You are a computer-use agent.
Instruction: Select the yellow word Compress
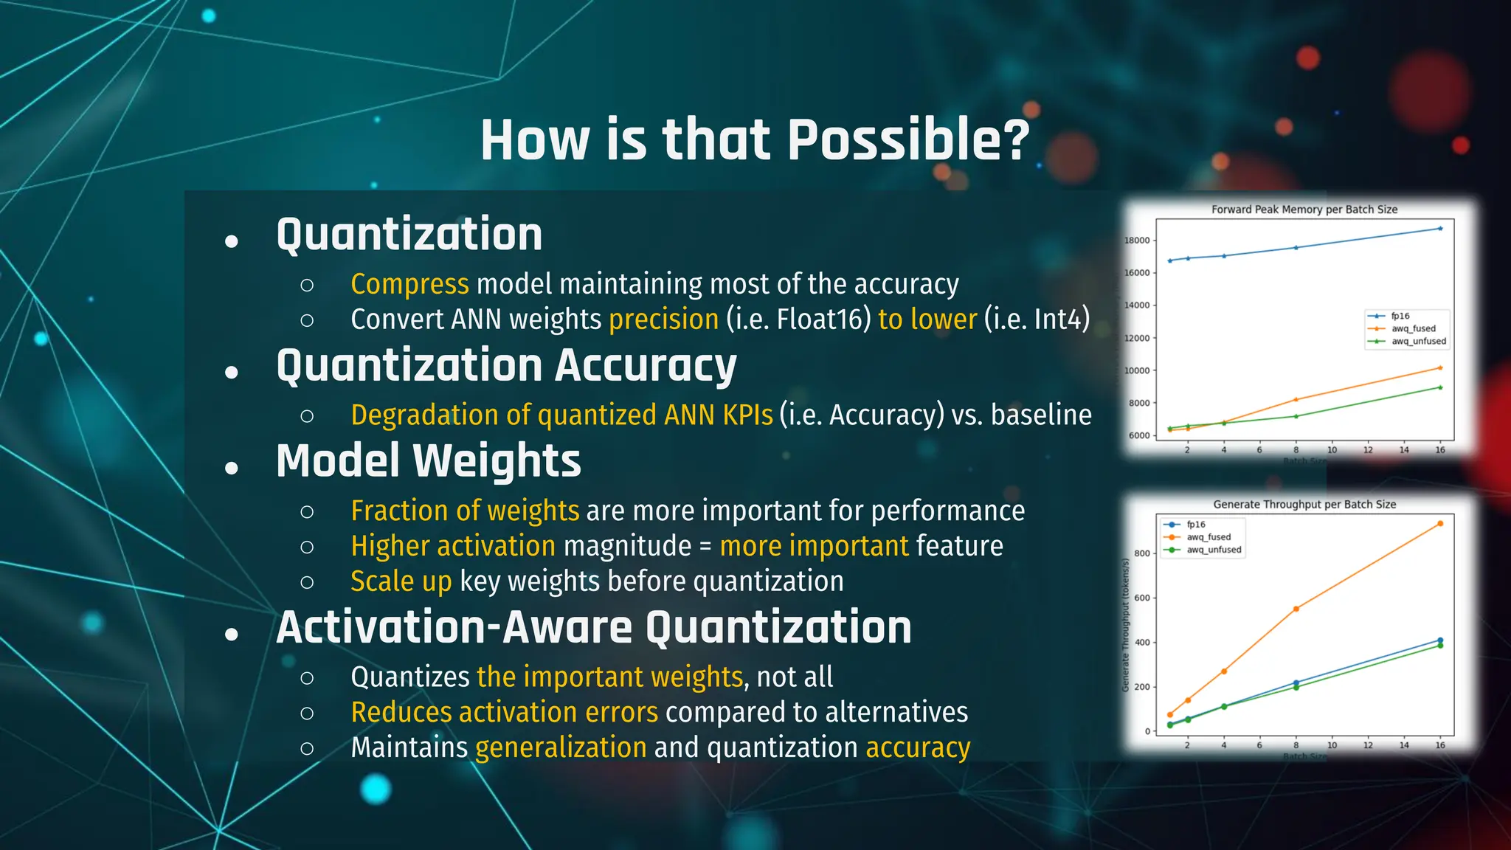(x=409, y=284)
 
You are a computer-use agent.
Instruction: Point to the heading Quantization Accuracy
(x=506, y=366)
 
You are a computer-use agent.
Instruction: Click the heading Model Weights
(x=428, y=461)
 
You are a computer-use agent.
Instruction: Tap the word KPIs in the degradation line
(x=747, y=415)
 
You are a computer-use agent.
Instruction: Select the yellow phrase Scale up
(x=401, y=581)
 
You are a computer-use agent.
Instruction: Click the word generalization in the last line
(x=561, y=747)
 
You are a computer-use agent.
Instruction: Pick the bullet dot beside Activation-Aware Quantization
(x=232, y=634)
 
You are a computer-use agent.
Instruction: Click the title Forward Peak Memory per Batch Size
(x=1304, y=210)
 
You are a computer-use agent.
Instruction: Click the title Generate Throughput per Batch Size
(x=1304, y=505)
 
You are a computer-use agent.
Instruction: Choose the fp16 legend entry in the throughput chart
(x=1195, y=525)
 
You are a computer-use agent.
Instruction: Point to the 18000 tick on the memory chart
(x=1136, y=241)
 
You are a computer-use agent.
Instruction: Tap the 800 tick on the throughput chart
(x=1141, y=553)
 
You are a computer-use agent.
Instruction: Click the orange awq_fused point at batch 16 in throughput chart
(x=1439, y=524)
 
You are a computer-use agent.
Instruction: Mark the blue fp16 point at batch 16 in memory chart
(x=1439, y=229)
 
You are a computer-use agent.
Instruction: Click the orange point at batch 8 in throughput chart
(x=1296, y=609)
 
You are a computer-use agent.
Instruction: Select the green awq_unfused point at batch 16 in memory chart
(x=1439, y=387)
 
